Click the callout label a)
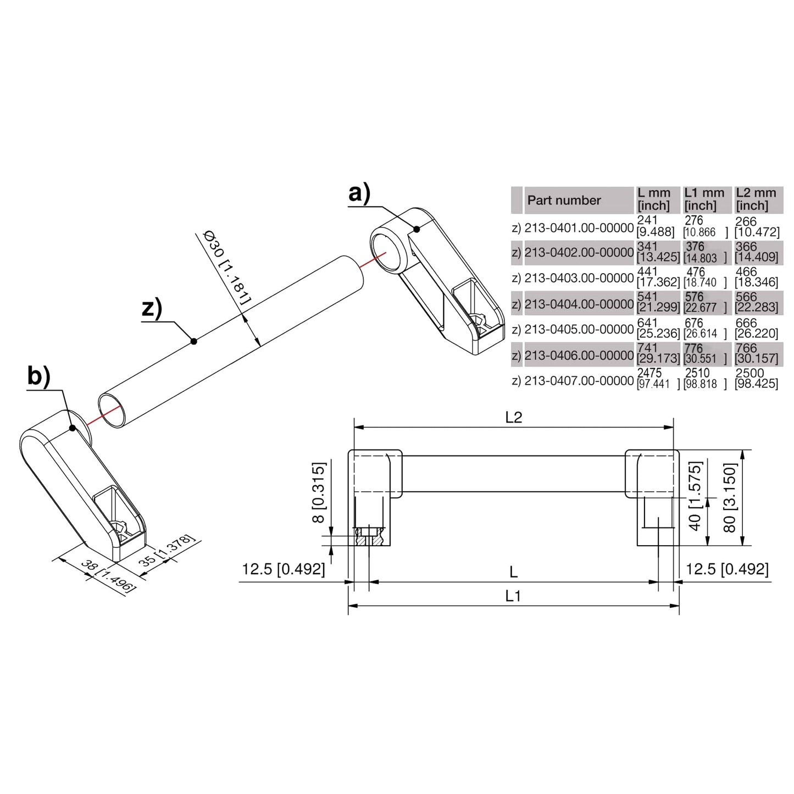coord(359,195)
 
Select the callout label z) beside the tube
coord(152,308)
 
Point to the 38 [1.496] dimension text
coord(108,575)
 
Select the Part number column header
coord(564,201)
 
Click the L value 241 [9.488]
coord(655,226)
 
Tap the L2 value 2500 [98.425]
coord(756,379)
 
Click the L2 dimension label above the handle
coord(513,418)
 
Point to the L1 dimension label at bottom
coord(513,596)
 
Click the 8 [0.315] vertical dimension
coord(319,493)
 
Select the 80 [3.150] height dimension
coord(729,497)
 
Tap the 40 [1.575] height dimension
coord(695,497)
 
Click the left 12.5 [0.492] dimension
coord(283,569)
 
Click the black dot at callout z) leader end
coord(193,341)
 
